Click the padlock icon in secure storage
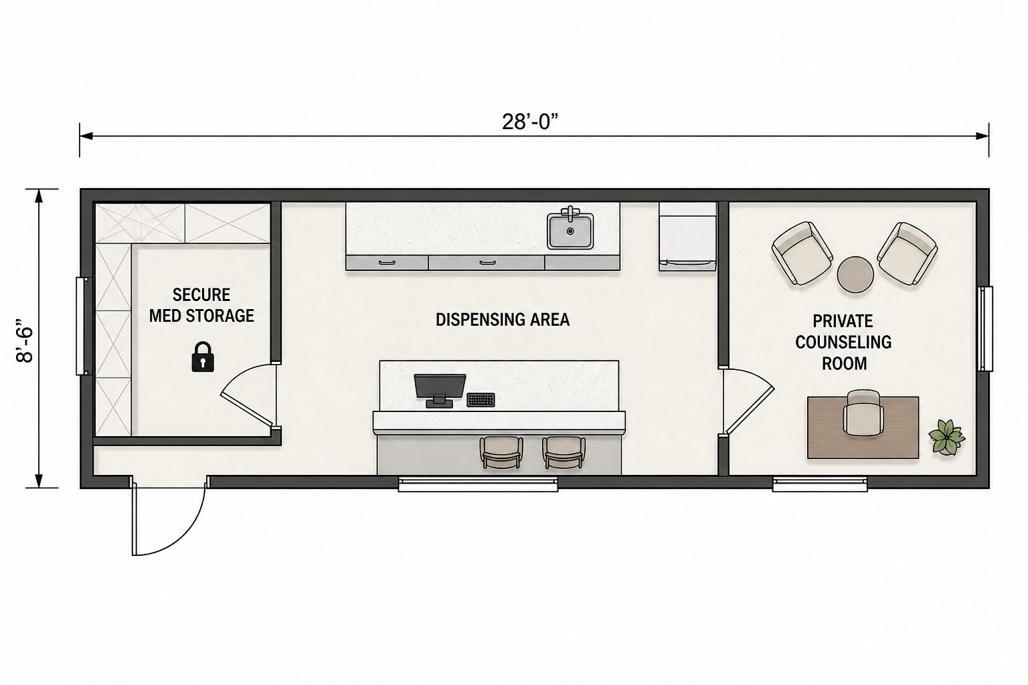click(203, 357)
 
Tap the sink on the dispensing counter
click(570, 231)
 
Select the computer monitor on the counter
click(440, 391)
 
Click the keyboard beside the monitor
click(481, 399)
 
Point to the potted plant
click(946, 436)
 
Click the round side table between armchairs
click(855, 274)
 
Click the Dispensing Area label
click(503, 320)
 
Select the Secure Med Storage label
click(201, 305)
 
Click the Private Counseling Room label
click(843, 342)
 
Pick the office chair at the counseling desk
click(863, 413)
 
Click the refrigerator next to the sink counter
click(687, 237)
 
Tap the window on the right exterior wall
click(985, 328)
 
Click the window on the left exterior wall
click(83, 326)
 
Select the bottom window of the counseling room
click(820, 484)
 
